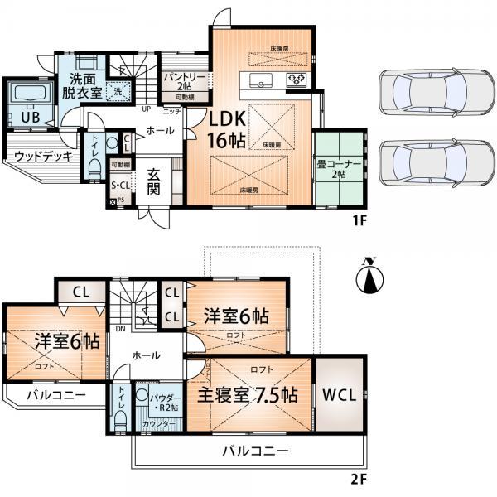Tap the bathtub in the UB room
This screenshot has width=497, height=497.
[x=28, y=99]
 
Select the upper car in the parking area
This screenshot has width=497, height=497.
[x=422, y=89]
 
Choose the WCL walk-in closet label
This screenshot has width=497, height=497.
[x=340, y=395]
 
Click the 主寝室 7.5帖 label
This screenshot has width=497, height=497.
[x=247, y=394]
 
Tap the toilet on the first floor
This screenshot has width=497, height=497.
[x=94, y=166]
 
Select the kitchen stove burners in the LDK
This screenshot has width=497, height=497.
[x=297, y=80]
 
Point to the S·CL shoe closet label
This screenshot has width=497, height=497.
[x=122, y=186]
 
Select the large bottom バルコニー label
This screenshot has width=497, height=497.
[x=254, y=451]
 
